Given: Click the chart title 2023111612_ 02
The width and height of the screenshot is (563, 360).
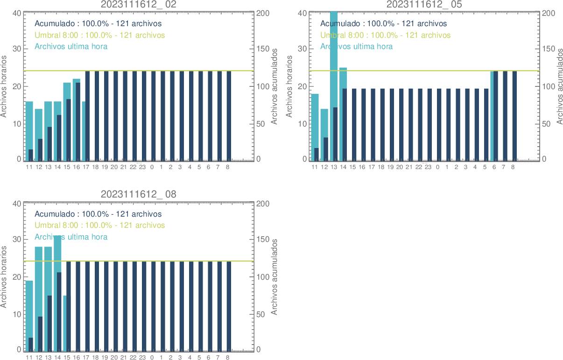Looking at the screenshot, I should (139, 4).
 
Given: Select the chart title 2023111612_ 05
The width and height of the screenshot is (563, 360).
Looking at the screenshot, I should (424, 4).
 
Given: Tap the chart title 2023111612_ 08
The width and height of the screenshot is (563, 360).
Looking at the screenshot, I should (139, 194).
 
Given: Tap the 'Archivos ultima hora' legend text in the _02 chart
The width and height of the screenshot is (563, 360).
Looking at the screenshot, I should (71, 46).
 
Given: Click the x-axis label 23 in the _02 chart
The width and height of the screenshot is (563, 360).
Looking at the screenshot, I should (142, 167).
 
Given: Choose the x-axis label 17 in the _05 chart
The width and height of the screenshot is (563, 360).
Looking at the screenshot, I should (372, 167).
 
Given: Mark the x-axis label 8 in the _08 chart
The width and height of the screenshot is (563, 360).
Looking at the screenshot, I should (227, 357).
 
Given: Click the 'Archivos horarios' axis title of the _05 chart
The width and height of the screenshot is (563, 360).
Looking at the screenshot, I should (289, 86).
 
